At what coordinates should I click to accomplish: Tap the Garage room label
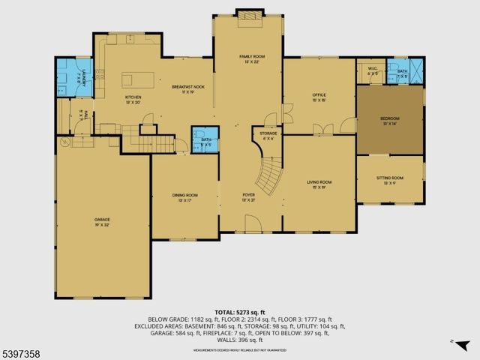click(x=102, y=221)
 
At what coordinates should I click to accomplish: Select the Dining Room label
click(x=185, y=198)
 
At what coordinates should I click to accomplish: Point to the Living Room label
click(x=319, y=184)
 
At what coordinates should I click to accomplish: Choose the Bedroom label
click(x=389, y=120)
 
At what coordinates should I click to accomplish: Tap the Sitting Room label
click(x=389, y=179)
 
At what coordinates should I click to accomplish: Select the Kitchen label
click(x=133, y=99)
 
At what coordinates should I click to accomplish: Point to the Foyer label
click(x=248, y=197)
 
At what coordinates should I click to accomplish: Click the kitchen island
click(x=139, y=79)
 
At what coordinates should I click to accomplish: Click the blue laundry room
click(x=74, y=76)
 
